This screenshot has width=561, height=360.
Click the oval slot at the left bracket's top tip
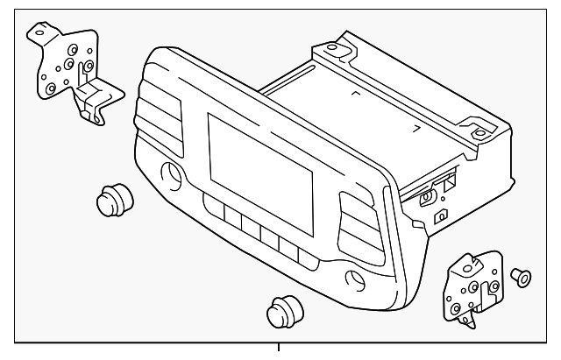[x=40, y=31]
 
